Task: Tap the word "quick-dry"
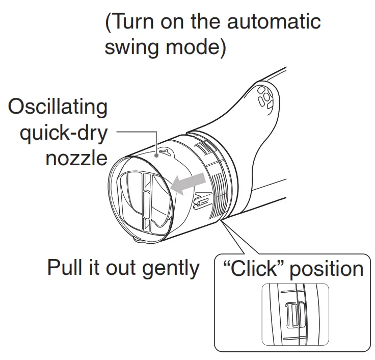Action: (63, 134)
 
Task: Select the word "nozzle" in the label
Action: (76, 158)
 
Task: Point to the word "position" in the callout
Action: (327, 269)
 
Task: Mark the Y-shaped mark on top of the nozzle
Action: (162, 151)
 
